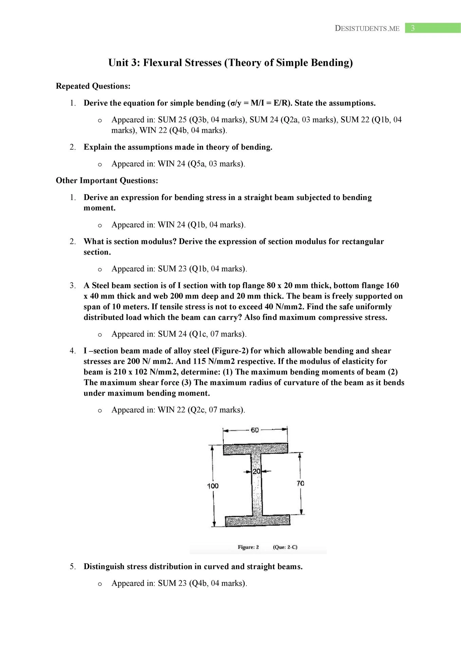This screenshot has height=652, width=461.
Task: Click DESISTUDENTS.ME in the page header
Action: point(367,29)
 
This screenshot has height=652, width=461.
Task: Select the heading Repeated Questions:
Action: point(93,86)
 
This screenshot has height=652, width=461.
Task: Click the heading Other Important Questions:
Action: point(107,181)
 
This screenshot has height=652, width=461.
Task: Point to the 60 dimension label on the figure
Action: point(255,430)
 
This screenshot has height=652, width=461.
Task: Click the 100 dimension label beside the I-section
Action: point(213,486)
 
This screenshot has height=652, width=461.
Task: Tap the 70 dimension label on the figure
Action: point(300,483)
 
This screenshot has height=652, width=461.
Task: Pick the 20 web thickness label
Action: point(256,471)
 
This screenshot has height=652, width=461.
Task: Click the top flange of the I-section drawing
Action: point(255,449)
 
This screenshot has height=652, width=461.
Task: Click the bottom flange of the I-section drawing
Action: point(257,520)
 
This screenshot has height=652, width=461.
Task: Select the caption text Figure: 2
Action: point(248,547)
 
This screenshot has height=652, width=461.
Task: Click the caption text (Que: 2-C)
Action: point(285,547)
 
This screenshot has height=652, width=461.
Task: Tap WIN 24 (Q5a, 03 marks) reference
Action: point(201,164)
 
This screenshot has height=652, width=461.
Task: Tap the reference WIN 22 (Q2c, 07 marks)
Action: point(201,410)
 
